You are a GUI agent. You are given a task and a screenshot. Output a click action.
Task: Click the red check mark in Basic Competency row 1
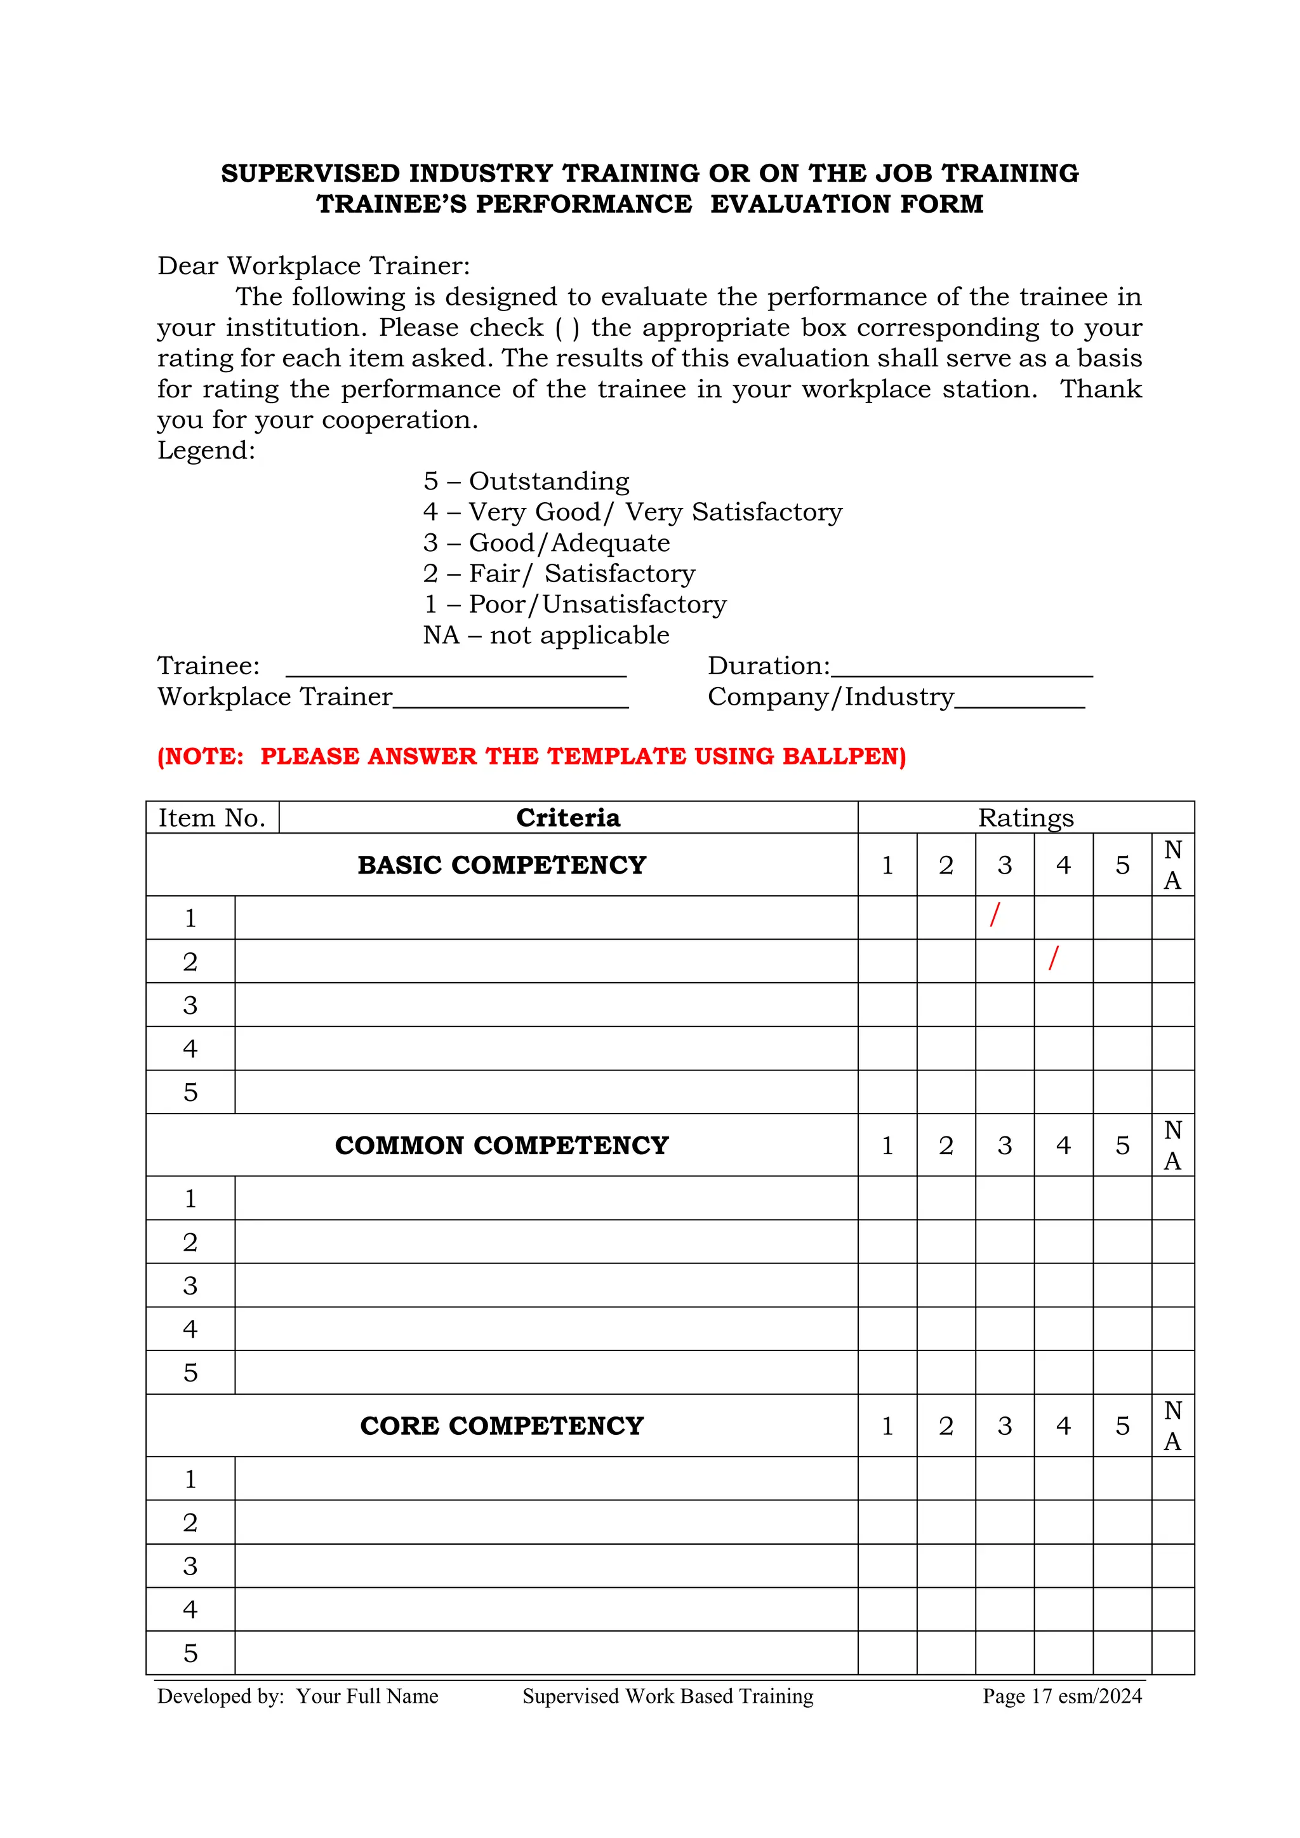click(x=995, y=914)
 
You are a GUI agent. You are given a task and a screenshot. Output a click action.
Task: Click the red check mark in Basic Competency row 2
click(x=1054, y=957)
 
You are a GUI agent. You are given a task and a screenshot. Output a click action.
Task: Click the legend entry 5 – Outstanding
click(x=526, y=481)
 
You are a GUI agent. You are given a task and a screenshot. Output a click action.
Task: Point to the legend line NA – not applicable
click(x=546, y=635)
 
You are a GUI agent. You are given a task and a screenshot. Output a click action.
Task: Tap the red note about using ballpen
click(x=531, y=757)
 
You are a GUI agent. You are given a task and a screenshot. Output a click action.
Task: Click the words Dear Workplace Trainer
click(x=314, y=266)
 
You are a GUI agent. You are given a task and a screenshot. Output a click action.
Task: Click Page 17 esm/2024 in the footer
click(x=1061, y=1696)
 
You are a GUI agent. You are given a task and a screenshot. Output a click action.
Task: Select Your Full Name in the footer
click(x=368, y=1696)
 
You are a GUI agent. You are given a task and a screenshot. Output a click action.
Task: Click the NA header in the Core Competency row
click(x=1172, y=1426)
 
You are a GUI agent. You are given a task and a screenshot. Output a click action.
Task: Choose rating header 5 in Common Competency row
click(x=1122, y=1145)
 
